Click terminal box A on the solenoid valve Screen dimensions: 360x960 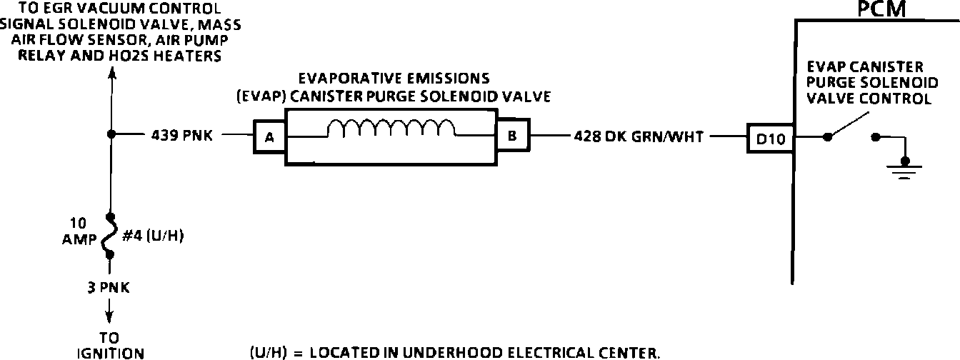269,138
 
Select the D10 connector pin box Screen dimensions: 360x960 770,139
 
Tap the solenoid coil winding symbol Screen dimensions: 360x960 391,128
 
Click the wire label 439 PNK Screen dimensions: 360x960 181,136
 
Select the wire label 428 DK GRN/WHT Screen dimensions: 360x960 639,136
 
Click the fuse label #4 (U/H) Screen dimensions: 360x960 153,236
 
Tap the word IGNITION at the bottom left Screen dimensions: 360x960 111,352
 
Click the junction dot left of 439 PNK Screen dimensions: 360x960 111,134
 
